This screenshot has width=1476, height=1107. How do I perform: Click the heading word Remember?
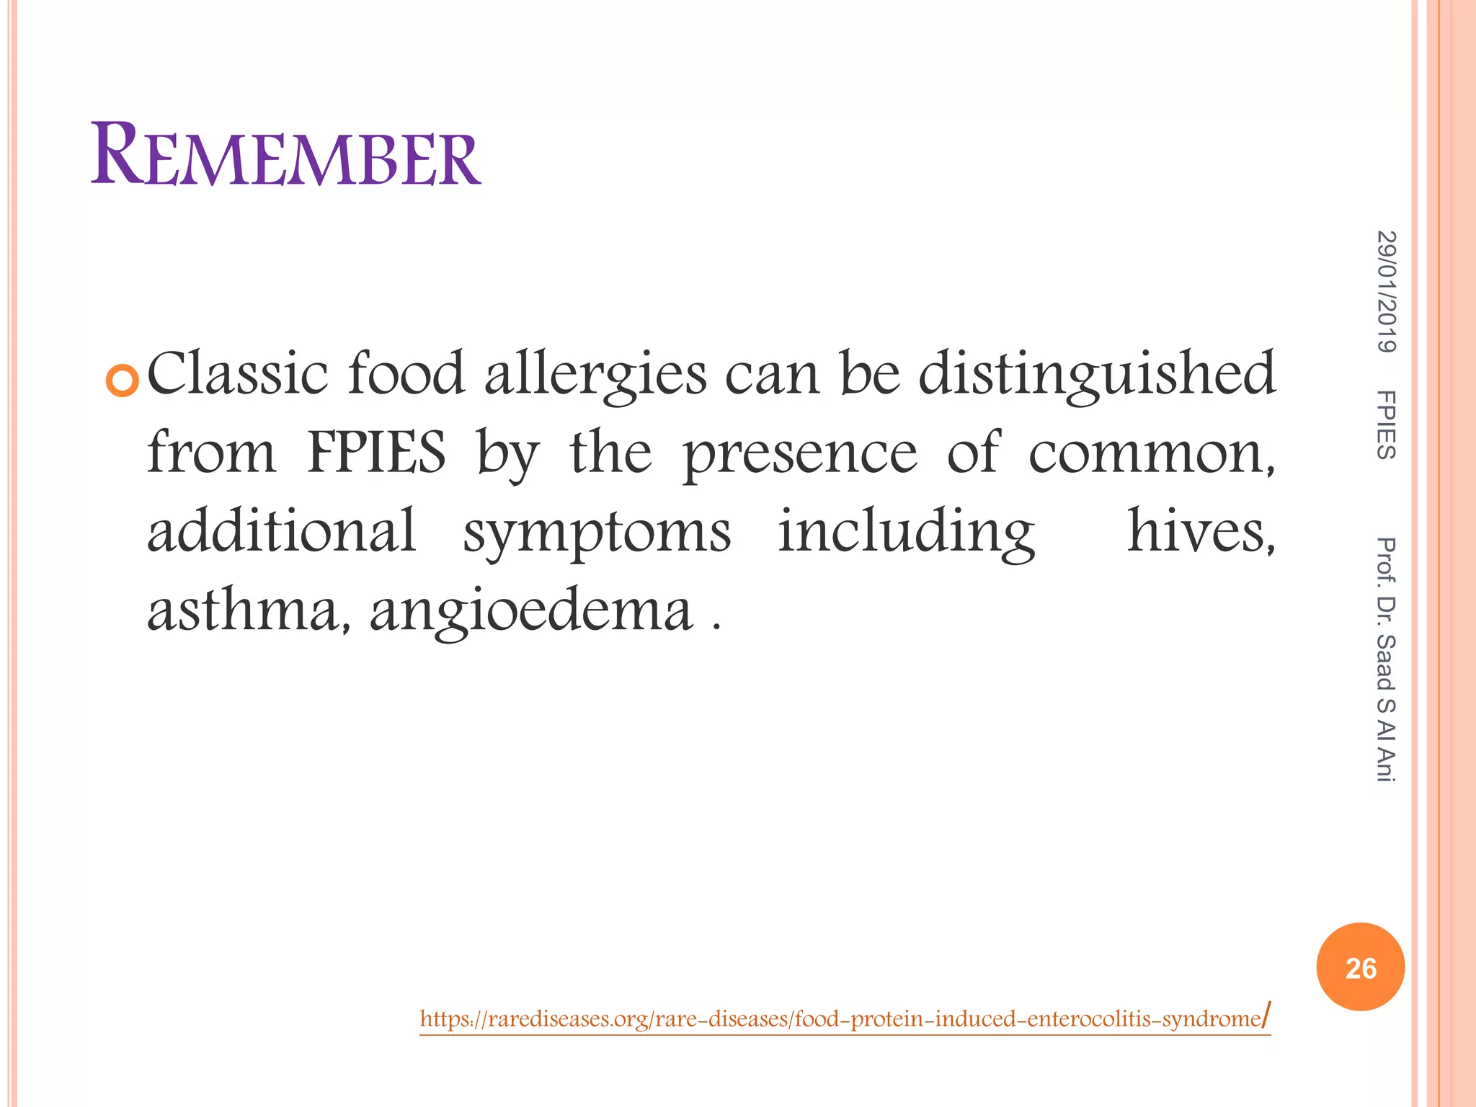[285, 155]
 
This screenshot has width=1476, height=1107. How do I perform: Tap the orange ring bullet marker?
[122, 381]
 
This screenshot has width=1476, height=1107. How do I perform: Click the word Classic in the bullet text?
[237, 373]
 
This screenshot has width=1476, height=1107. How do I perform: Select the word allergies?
[595, 375]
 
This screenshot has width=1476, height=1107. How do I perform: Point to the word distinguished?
[1096, 375]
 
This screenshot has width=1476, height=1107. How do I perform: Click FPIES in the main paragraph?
[376, 453]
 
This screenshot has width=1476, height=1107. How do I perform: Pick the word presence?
[800, 454]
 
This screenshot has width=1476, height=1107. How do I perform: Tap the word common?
[1150, 454]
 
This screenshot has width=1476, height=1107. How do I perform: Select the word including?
[907, 532]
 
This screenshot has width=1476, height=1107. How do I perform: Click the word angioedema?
[531, 611]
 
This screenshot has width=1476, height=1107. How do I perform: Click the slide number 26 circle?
[1360, 967]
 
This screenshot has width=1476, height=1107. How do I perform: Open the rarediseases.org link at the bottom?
[843, 1019]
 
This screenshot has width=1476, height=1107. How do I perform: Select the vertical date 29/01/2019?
[1386, 291]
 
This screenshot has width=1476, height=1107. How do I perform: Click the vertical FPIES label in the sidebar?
[1386, 424]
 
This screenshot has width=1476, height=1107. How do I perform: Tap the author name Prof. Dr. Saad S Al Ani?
[1386, 659]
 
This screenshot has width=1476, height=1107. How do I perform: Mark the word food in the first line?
[406, 373]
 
